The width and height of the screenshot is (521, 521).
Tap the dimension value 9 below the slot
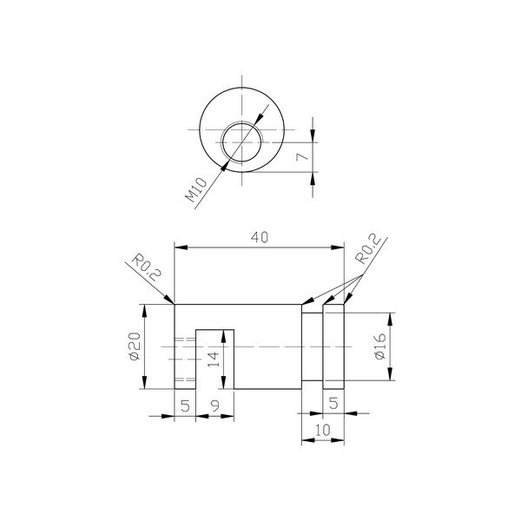point(215,405)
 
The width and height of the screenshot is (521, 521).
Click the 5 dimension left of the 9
point(184,405)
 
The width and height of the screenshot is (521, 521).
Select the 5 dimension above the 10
point(334,404)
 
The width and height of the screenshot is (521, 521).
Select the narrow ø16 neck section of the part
point(312,346)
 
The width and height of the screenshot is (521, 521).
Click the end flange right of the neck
point(334,346)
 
